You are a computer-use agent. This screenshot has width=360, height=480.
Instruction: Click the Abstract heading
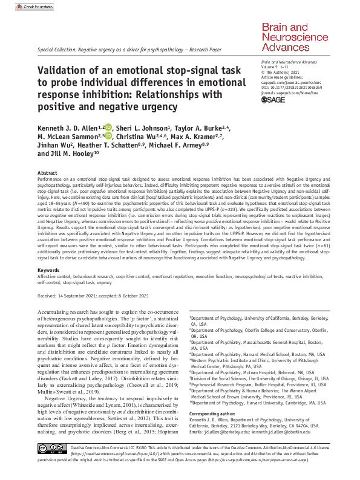click(x=48, y=172)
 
